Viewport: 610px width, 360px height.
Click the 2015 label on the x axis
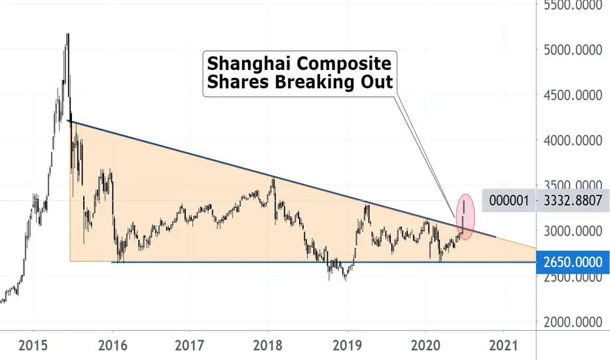[x=33, y=345]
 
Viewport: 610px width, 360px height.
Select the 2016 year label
[x=113, y=345]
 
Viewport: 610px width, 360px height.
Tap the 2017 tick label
[x=189, y=345]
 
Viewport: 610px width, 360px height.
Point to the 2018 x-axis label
[x=268, y=345]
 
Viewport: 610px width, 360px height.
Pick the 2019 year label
[x=348, y=345]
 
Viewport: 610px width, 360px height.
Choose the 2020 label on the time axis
[x=425, y=345]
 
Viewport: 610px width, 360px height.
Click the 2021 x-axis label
[x=504, y=345]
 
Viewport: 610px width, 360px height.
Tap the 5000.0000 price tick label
[x=573, y=50]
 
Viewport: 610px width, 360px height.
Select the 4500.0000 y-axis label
[x=573, y=96]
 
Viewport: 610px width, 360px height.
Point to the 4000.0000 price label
[x=573, y=141]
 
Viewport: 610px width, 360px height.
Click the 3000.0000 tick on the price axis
[x=573, y=231]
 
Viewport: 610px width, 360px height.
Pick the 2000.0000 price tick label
[x=573, y=322]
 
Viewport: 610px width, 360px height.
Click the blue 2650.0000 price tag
[x=573, y=262]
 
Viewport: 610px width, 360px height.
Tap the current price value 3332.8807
[x=573, y=200]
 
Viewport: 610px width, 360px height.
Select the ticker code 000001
[x=509, y=200]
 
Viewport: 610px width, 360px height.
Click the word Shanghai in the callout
[x=246, y=64]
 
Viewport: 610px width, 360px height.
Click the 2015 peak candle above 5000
[x=67, y=43]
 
